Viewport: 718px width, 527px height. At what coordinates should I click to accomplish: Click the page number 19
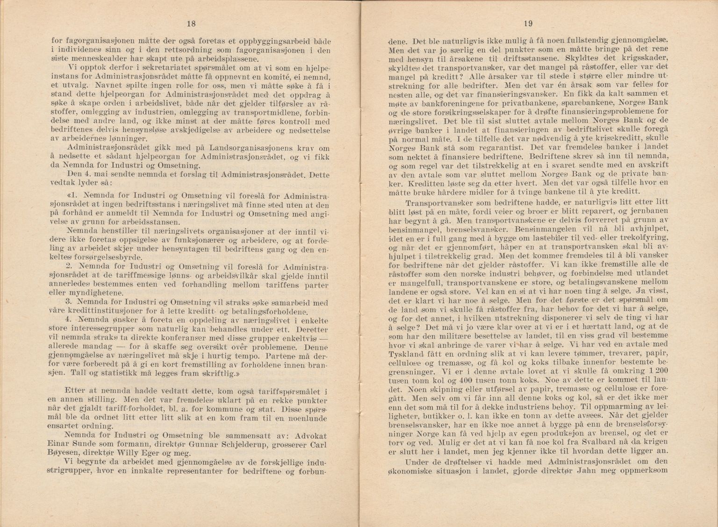point(528,24)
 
